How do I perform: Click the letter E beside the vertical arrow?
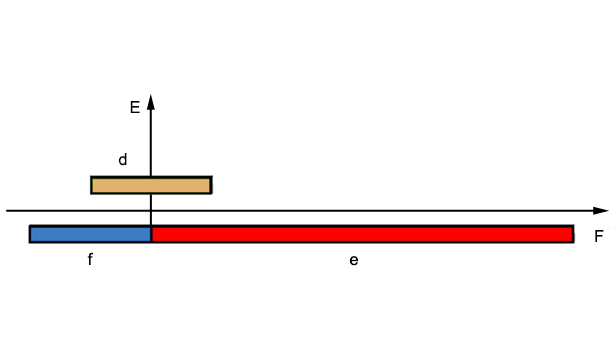tap(135, 107)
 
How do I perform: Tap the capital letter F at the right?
tap(599, 236)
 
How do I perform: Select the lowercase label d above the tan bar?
tap(123, 160)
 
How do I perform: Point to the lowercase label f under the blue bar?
tap(90, 259)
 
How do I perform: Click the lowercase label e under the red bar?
tap(354, 260)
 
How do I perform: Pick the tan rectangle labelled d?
tap(151, 185)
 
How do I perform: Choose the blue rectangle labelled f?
tap(90, 234)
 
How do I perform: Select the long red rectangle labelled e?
tap(362, 234)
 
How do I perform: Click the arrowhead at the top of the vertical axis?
tap(151, 102)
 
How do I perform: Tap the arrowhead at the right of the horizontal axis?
tap(600, 211)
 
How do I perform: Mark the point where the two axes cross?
tap(151, 211)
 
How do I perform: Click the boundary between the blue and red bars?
tap(151, 234)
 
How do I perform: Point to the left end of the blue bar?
tap(30, 234)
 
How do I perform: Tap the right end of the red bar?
tap(573, 234)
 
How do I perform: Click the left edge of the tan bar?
tap(91, 185)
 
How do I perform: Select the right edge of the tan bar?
tap(211, 185)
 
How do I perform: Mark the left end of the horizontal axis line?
tap(7, 211)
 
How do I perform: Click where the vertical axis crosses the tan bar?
tap(151, 185)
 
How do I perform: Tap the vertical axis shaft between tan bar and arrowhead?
tap(151, 143)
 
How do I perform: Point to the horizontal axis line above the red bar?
tap(362, 211)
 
